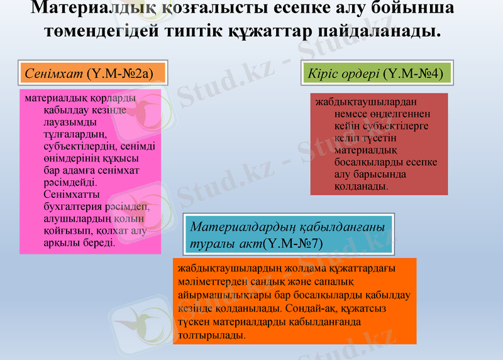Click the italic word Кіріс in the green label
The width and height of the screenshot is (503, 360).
pos(321,74)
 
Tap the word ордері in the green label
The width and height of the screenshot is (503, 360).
pos(361,74)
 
